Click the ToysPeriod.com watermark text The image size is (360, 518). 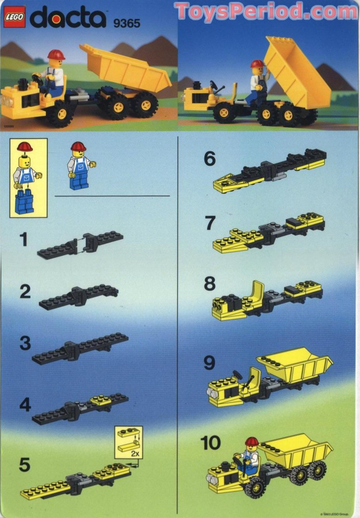[266, 11]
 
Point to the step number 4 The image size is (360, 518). [25, 405]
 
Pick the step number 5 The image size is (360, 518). [25, 465]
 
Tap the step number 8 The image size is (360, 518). [209, 284]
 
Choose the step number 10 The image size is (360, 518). [211, 443]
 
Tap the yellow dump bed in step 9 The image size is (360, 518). [295, 364]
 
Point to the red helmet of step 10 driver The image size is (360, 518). [251, 442]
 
